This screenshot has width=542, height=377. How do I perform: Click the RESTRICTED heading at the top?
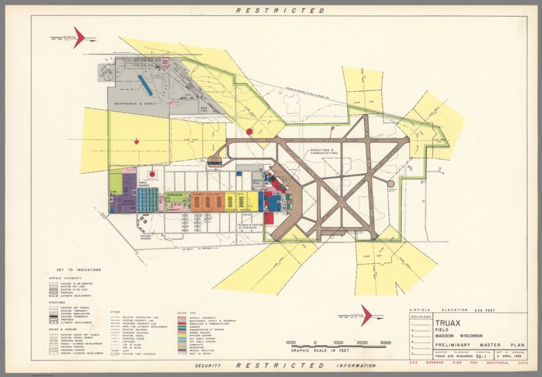pyautogui.click(x=280, y=11)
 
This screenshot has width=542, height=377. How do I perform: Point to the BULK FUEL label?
pyautogui.click(x=204, y=109)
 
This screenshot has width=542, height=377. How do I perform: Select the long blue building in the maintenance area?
pyautogui.click(x=145, y=85)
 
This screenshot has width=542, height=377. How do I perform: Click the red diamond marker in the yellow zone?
pyautogui.click(x=136, y=142)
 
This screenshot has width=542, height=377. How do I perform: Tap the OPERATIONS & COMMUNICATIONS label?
pyautogui.click(x=324, y=152)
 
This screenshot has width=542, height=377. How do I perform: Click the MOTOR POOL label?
pyautogui.click(x=257, y=182)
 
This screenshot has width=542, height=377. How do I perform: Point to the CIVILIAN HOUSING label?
pyautogui.click(x=145, y=237)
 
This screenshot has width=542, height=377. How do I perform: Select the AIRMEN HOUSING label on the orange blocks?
pyautogui.click(x=208, y=195)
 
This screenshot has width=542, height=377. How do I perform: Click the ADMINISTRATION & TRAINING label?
pyautogui.click(x=251, y=226)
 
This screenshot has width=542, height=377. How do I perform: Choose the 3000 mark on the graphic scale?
pyautogui.click(x=385, y=342)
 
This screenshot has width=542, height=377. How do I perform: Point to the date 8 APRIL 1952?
pyautogui.click(x=511, y=356)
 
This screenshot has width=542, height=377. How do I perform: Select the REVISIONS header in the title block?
pyautogui.click(x=421, y=317)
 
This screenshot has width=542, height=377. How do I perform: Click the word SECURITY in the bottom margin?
pyautogui.click(x=208, y=366)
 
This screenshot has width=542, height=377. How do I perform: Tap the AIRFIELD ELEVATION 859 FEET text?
pyautogui.click(x=452, y=310)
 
